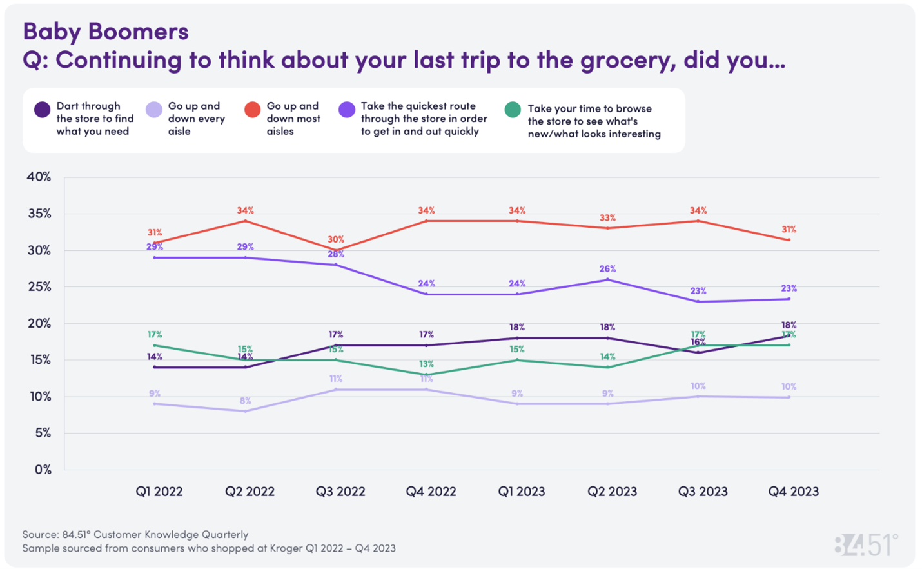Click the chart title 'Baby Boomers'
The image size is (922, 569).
[x=106, y=31]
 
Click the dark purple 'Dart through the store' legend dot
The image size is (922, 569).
[x=43, y=110]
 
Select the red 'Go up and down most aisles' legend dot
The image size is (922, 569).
[x=253, y=110]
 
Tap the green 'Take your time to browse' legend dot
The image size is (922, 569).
[x=513, y=110]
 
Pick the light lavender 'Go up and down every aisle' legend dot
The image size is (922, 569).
[x=154, y=110]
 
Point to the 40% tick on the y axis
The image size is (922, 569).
[x=39, y=177]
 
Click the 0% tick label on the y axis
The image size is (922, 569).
[x=43, y=470]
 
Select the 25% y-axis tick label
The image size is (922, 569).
[x=39, y=286]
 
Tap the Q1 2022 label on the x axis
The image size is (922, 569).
[x=159, y=492]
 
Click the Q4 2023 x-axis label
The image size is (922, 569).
[x=793, y=492]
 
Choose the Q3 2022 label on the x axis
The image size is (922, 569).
[x=340, y=492]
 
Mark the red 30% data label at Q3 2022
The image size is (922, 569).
[x=336, y=239]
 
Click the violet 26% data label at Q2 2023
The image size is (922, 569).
[x=607, y=268]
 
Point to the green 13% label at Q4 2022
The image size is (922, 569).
[x=426, y=364]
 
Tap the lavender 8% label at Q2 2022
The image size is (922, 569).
[x=245, y=401]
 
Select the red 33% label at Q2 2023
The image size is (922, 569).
[x=607, y=218]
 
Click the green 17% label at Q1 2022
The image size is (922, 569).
[x=155, y=334]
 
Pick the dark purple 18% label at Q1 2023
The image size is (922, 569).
[x=517, y=327]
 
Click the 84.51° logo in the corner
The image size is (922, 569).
[x=866, y=545]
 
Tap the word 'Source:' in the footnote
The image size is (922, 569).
[x=41, y=534]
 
